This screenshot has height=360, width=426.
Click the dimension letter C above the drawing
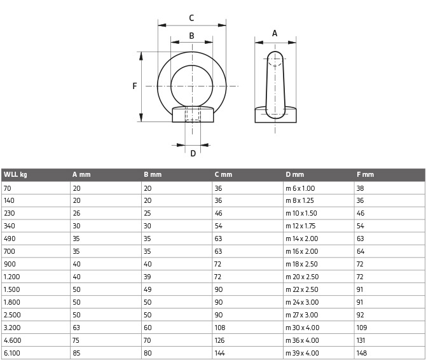(x=191, y=18)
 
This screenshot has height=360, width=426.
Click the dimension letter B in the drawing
(x=191, y=36)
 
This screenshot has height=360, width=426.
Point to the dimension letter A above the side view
(x=275, y=34)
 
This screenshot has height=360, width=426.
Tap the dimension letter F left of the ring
(x=135, y=86)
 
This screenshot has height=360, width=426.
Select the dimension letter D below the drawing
(x=193, y=153)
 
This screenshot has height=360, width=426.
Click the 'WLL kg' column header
(x=15, y=174)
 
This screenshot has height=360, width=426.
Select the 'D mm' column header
(x=295, y=174)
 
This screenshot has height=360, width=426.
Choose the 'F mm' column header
(x=366, y=174)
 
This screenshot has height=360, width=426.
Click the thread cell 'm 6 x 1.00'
(x=300, y=188)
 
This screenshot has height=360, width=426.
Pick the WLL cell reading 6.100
(x=12, y=353)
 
